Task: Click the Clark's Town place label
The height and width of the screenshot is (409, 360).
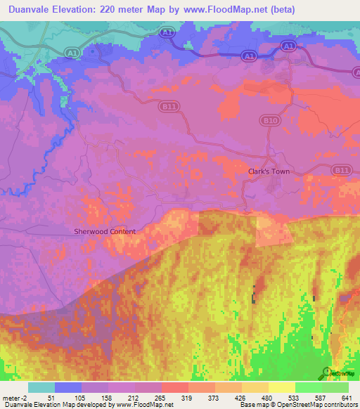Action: (x=269, y=171)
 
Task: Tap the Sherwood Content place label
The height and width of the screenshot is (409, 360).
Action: (x=105, y=231)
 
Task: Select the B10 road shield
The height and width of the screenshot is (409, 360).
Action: (x=271, y=120)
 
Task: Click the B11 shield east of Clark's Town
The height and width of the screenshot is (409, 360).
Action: (x=341, y=170)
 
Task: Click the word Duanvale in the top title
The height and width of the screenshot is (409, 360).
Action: (x=28, y=9)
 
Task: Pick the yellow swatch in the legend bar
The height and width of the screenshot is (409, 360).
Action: (x=282, y=387)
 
